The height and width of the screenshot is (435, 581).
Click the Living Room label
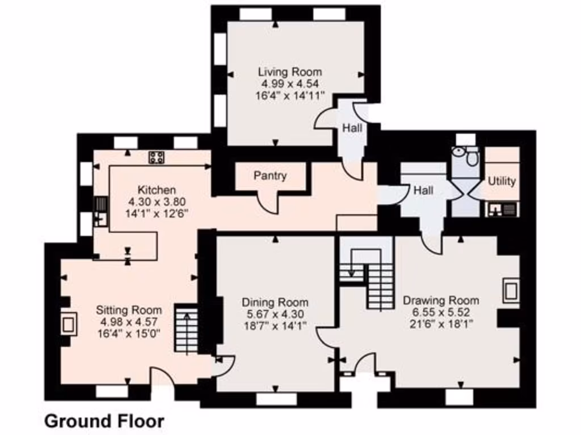click(x=289, y=72)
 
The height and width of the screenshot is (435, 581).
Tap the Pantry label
click(x=270, y=176)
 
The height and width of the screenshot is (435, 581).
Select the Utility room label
click(x=502, y=181)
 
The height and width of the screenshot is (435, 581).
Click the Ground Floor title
click(x=104, y=421)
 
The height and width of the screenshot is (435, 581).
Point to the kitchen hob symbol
click(x=157, y=158)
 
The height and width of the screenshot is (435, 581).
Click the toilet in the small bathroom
click(x=470, y=156)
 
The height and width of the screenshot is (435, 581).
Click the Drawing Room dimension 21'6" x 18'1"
click(x=440, y=323)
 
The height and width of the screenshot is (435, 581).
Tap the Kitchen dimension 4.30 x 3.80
click(x=156, y=202)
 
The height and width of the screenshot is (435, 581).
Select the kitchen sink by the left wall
click(x=100, y=211)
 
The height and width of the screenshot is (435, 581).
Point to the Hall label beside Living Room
click(x=352, y=129)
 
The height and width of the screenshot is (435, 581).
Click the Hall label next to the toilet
click(x=423, y=191)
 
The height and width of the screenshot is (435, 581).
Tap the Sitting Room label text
click(x=129, y=310)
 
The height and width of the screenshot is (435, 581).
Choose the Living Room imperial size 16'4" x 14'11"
click(x=289, y=95)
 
